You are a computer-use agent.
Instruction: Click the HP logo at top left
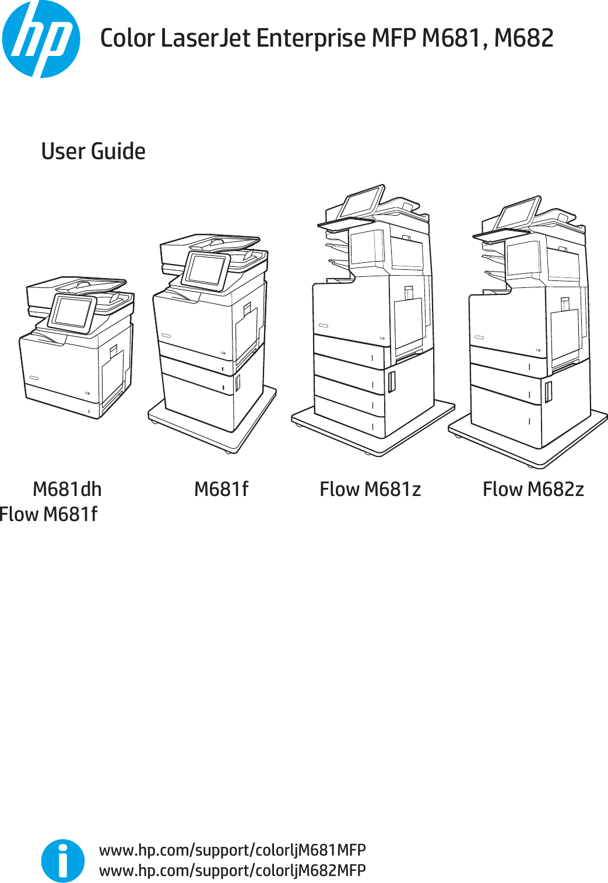tap(41, 39)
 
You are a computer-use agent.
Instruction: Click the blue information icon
tap(63, 860)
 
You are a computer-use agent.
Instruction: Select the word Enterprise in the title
tap(311, 38)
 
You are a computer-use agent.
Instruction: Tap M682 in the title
tap(523, 38)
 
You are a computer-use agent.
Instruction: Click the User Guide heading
tap(93, 152)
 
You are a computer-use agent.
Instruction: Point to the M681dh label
tap(67, 489)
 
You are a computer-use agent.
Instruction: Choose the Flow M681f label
tap(49, 515)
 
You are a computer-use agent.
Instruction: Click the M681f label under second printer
tap(221, 489)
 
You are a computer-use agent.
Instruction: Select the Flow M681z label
tap(370, 489)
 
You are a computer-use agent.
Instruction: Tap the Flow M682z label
tap(533, 489)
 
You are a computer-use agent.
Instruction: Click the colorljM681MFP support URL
tap(232, 850)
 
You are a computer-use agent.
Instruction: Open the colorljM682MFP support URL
tap(232, 870)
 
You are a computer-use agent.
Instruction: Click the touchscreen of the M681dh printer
tap(72, 312)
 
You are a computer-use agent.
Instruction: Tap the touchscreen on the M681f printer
tap(205, 270)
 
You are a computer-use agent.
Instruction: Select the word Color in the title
tap(127, 38)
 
